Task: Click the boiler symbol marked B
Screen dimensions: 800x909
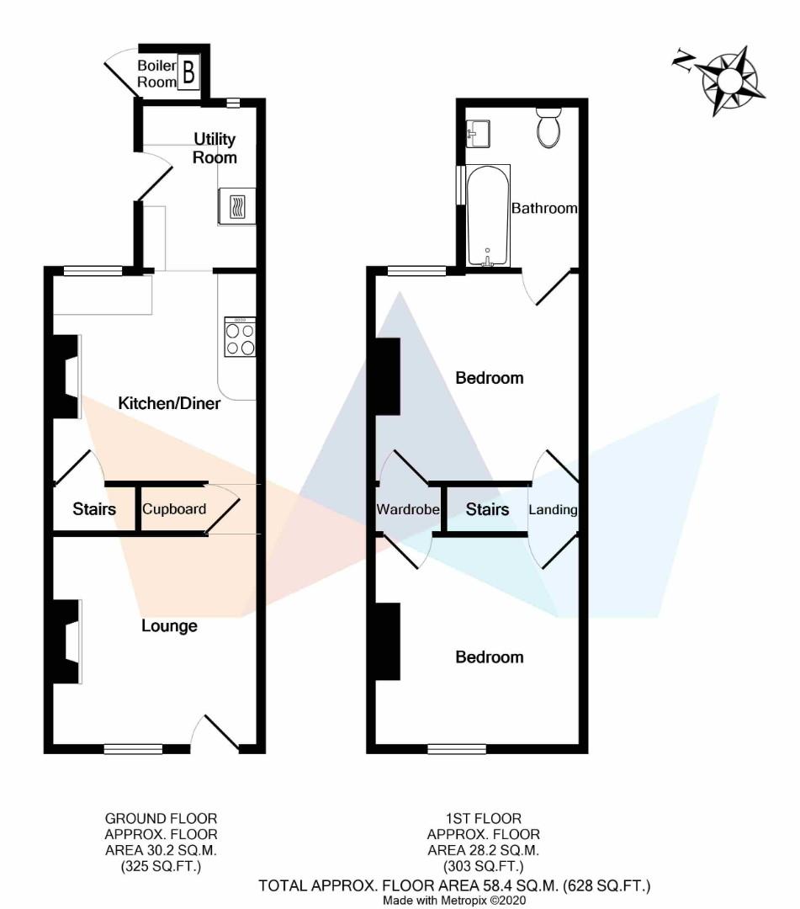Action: pos(188,72)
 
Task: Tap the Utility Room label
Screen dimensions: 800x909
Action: pos(215,148)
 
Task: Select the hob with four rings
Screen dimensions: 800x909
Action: pos(240,337)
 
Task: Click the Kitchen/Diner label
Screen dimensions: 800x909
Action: pos(169,403)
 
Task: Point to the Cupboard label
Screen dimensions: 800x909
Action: pos(174,509)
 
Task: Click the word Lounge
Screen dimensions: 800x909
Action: pos(169,626)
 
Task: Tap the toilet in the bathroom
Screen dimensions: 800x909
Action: pos(548,128)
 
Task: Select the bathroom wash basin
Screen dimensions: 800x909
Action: pos(478,134)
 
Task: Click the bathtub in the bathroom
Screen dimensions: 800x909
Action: pos(488,215)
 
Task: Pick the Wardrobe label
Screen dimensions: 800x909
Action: pos(408,509)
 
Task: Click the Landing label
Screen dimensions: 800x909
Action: pos(554,509)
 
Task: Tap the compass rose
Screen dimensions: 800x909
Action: pos(730,80)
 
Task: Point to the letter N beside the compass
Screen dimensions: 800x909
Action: pos(684,61)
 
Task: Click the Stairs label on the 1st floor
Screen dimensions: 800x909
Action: pos(487,509)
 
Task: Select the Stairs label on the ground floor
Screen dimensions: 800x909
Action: pos(94,509)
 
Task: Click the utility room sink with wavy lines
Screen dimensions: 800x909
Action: pos(237,206)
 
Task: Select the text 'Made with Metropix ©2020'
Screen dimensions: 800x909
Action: pos(454,901)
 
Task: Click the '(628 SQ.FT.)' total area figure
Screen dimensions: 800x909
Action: pos(607,885)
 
